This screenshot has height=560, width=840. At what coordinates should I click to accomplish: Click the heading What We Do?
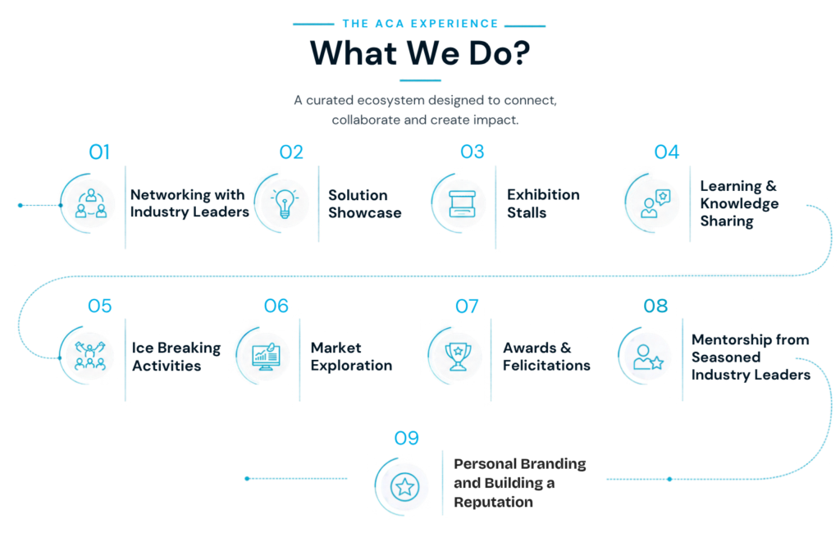[x=420, y=53]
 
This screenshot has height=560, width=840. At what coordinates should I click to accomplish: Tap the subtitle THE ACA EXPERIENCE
[x=421, y=24]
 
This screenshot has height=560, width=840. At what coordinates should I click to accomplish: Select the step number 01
[x=99, y=152]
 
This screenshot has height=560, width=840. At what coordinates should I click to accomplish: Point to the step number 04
[x=666, y=152]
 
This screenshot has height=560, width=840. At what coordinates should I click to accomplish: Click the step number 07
[x=467, y=306]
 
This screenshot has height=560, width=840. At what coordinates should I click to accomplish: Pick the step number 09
[x=406, y=439]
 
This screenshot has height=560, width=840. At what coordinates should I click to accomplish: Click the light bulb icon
[x=285, y=203]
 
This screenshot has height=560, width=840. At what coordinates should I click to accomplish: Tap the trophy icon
[x=458, y=356]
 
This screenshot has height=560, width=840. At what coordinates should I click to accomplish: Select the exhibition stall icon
[x=462, y=204]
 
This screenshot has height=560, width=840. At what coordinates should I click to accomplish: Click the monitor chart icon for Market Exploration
[x=266, y=357]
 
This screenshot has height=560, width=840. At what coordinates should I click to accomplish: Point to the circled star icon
[x=404, y=487]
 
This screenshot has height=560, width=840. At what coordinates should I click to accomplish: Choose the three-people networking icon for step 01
[x=91, y=203]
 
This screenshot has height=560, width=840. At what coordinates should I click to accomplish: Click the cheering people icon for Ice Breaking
[x=90, y=356]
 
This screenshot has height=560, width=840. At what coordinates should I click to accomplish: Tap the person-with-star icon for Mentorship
[x=648, y=357]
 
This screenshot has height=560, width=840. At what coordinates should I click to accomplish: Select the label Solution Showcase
[x=365, y=203]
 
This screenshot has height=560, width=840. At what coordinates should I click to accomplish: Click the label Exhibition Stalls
[x=543, y=203]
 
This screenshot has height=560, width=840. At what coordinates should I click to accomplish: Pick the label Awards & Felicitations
[x=546, y=357]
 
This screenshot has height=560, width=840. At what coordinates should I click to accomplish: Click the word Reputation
[x=493, y=502]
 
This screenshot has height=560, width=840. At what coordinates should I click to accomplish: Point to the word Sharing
[x=727, y=221]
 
